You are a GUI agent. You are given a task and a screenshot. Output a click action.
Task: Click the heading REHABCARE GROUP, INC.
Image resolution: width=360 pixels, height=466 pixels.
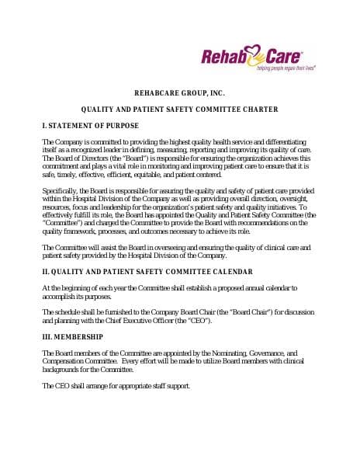tap(179, 92)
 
